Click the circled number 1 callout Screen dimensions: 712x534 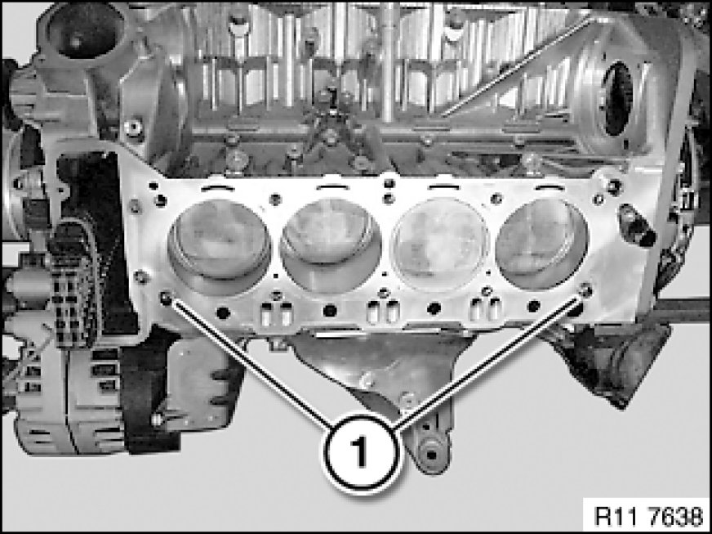click(x=361, y=453)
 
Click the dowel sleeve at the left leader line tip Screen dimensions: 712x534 click(x=166, y=298)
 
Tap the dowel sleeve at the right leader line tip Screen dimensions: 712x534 click(x=585, y=289)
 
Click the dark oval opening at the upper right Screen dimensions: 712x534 click(x=619, y=99)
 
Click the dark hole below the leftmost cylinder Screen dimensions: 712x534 click(x=223, y=313)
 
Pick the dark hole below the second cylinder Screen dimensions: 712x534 click(x=330, y=311)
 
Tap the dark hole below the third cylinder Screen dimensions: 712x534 click(x=434, y=309)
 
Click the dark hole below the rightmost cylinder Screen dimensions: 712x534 click(x=534, y=306)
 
